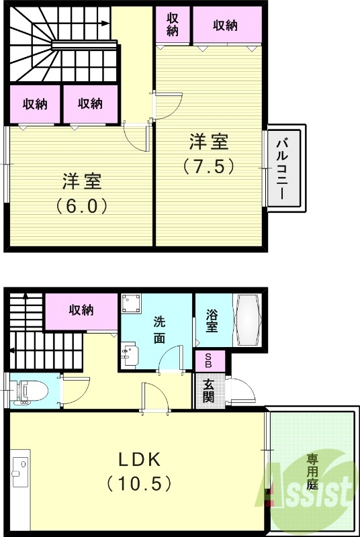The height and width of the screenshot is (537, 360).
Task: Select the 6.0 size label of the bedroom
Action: tap(82, 204)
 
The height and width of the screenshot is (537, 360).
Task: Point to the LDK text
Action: tap(139, 460)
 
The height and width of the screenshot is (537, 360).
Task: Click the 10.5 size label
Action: tap(139, 483)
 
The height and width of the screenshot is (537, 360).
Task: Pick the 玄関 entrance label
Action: tap(209, 389)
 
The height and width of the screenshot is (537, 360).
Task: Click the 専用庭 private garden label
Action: tap(312, 473)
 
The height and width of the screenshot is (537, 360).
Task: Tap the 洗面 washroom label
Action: tap(159, 330)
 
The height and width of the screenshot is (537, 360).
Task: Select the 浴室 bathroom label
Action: tap(212, 320)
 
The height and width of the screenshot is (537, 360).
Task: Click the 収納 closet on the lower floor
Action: tap(81, 310)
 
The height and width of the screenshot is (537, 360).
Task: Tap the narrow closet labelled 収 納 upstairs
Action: tap(173, 25)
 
